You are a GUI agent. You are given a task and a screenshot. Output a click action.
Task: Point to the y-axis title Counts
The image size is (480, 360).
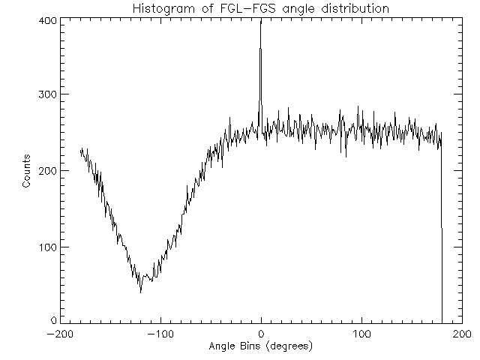[26, 170]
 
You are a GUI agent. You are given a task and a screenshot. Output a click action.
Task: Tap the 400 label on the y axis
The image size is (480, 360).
[46, 20]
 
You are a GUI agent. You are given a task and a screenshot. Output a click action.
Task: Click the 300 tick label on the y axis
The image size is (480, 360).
[46, 94]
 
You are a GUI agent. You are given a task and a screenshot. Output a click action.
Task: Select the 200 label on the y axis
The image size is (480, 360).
[46, 171]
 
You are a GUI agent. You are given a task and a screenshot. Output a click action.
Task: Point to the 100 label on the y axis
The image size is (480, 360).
[46, 247]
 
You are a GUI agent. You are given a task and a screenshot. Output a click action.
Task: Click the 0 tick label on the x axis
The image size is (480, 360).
[261, 334]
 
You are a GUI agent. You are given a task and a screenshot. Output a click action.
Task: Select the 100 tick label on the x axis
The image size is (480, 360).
[361, 334]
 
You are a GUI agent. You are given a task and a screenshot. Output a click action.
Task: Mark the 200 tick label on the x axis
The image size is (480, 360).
[462, 334]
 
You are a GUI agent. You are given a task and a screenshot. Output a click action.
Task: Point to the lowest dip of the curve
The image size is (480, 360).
[140, 290]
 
